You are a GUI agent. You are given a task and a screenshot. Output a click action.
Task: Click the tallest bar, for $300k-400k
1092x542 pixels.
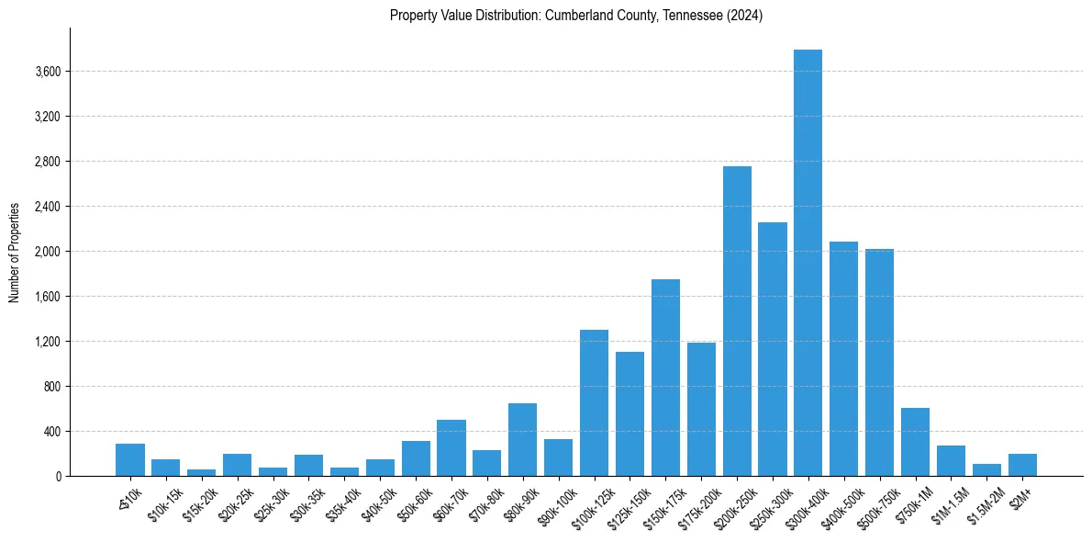pyautogui.click(x=808, y=263)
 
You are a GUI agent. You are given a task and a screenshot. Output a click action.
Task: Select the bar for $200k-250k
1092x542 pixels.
pyautogui.click(x=737, y=322)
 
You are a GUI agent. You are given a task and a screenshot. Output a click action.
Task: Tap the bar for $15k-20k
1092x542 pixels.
pyautogui.click(x=201, y=472)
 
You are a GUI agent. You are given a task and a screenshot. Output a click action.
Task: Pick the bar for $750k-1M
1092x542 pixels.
pyautogui.click(x=915, y=442)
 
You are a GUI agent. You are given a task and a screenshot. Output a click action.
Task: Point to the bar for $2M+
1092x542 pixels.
pyautogui.click(x=1022, y=465)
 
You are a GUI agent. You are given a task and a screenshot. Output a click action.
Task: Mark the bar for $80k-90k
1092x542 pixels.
pyautogui.click(x=522, y=439)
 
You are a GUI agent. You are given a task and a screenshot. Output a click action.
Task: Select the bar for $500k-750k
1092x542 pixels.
pyautogui.click(x=879, y=362)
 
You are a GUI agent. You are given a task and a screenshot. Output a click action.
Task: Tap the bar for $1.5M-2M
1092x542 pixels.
pyautogui.click(x=986, y=470)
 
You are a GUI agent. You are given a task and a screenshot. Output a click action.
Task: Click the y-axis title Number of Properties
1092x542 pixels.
pyautogui.click(x=14, y=252)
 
